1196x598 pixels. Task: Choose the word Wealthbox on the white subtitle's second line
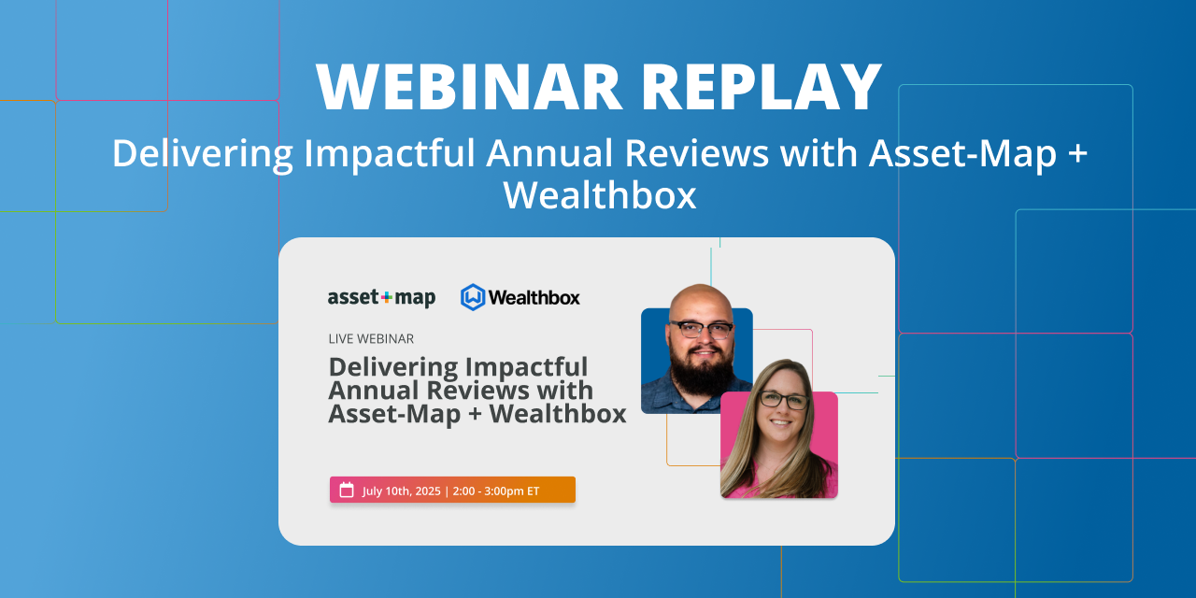[599, 195]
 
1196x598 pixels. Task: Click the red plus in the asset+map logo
[387, 297]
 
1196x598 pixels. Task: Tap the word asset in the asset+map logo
[353, 298]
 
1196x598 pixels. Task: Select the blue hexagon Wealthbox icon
[473, 297]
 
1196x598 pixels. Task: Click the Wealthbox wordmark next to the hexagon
[534, 298]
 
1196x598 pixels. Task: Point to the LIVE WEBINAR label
[371, 339]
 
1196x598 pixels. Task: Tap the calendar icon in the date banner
[347, 491]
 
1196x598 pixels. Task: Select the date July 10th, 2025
[401, 491]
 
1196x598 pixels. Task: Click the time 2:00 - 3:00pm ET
[495, 491]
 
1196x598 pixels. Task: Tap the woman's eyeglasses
[783, 401]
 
